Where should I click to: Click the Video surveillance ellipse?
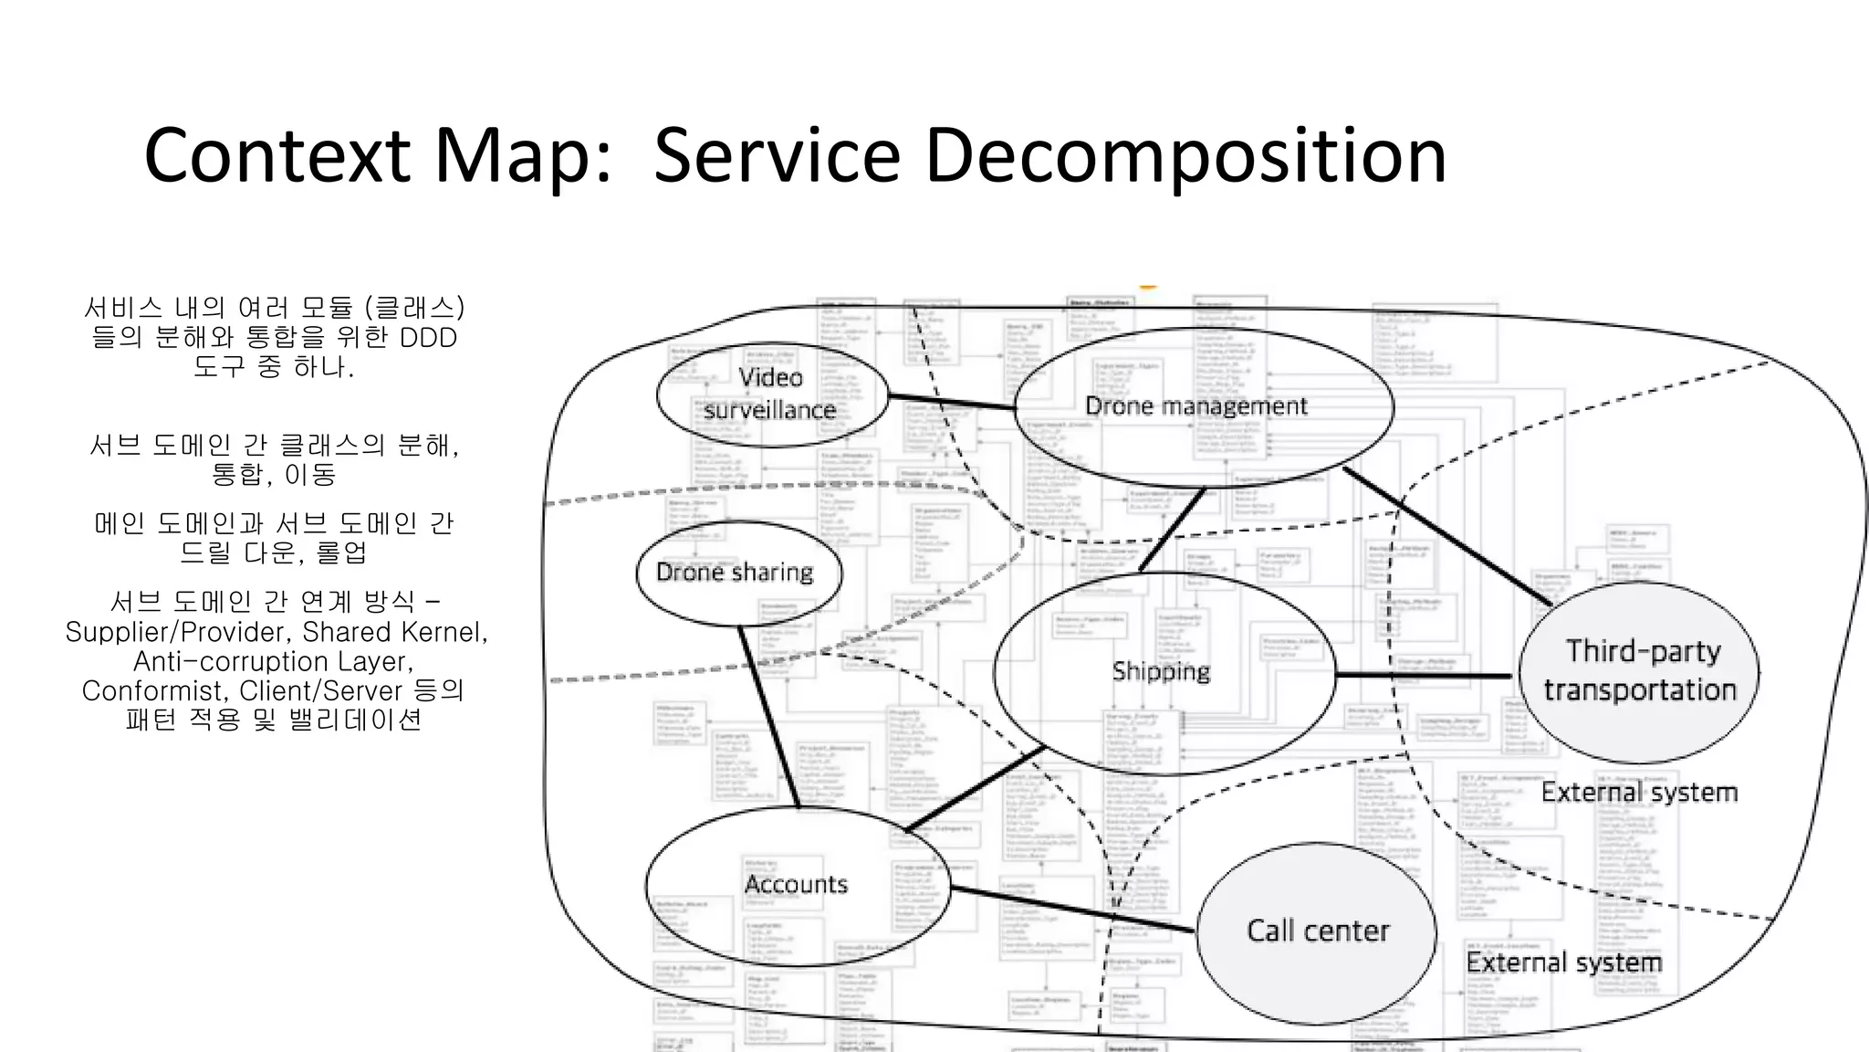coord(772,394)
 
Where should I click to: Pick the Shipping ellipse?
coord(1162,672)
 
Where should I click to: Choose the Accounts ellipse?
coord(797,884)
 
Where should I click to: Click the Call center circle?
coord(1317,931)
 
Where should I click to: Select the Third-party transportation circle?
coord(1639,671)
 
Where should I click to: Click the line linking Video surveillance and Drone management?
coord(951,402)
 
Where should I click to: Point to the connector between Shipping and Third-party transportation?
coord(1424,676)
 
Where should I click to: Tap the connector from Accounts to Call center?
coord(1072,909)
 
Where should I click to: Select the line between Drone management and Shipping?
coord(1172,531)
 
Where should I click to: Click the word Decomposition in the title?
coord(1185,155)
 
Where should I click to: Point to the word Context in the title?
coord(277,155)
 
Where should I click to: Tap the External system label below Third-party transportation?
coord(1639,792)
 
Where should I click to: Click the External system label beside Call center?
coord(1563,963)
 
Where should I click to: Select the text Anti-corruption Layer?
coord(274,661)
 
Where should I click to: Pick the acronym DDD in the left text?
coord(428,338)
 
